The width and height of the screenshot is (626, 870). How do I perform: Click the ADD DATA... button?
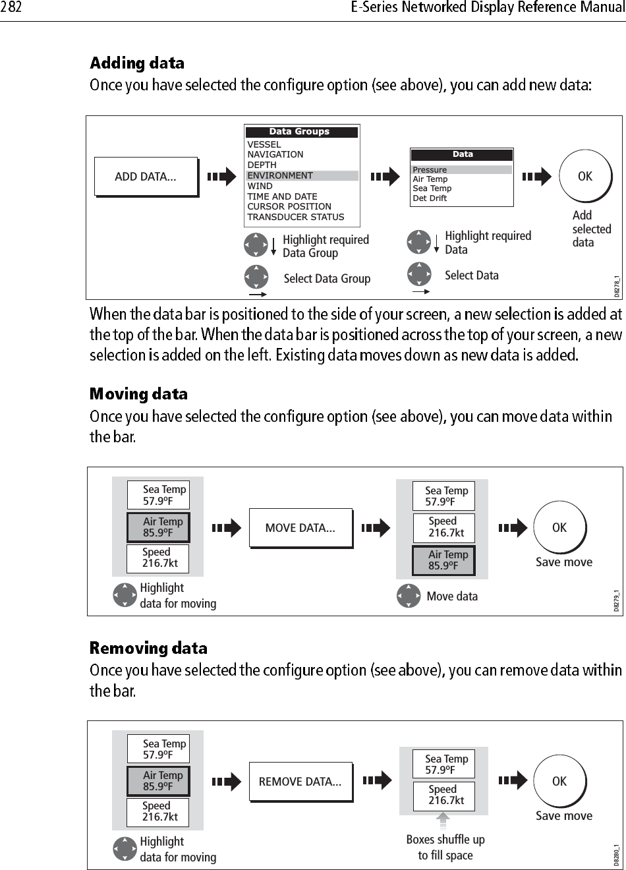tap(146, 177)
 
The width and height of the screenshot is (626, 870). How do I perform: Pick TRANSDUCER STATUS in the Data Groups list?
tap(296, 217)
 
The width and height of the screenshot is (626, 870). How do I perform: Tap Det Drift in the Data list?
tap(430, 198)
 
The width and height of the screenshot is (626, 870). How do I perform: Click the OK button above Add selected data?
tap(585, 177)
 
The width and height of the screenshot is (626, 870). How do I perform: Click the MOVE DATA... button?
tap(300, 528)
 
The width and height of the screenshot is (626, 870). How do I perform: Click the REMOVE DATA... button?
tap(300, 782)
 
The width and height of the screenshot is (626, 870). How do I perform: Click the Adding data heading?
tap(137, 63)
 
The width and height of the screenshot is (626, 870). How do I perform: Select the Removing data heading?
tap(148, 649)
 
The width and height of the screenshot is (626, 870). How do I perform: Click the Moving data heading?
tap(138, 394)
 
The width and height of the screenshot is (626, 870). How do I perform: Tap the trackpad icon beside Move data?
tap(409, 596)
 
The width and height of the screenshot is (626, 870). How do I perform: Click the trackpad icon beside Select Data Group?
tap(256, 276)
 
